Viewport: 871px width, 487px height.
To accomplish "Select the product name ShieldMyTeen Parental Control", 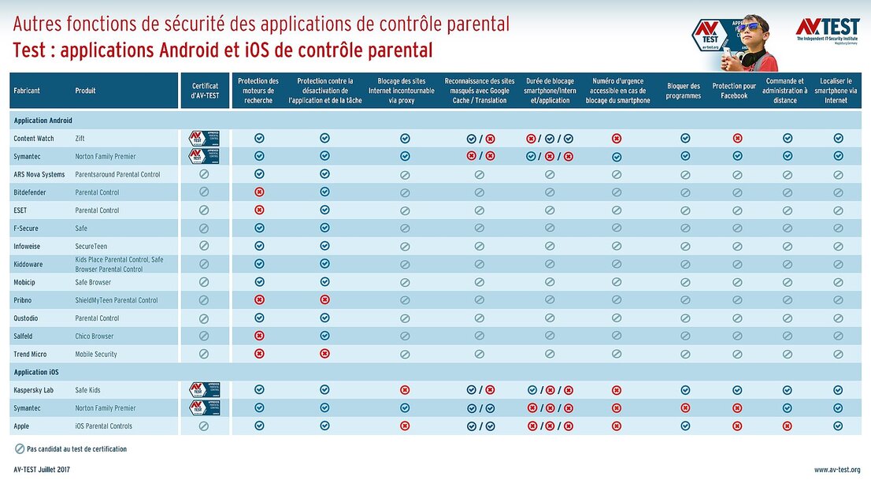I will click(x=117, y=300).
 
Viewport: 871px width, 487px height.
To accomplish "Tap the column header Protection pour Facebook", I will click(x=734, y=91).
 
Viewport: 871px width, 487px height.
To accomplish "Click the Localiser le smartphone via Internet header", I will click(x=837, y=91).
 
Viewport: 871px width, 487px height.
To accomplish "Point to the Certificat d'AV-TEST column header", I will click(x=205, y=91).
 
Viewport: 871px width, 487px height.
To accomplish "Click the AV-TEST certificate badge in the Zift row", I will click(x=205, y=138).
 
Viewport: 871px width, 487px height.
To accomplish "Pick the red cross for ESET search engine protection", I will click(x=259, y=210).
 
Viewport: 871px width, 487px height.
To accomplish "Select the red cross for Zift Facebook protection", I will click(x=737, y=138).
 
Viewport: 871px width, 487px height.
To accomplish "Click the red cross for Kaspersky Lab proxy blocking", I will click(x=405, y=390).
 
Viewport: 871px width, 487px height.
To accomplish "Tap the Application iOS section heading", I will click(x=36, y=372).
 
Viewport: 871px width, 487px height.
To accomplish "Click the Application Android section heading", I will click(x=43, y=121).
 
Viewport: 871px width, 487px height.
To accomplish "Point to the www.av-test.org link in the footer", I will click(x=836, y=470).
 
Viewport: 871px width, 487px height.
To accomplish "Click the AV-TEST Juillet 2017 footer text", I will click(x=43, y=470).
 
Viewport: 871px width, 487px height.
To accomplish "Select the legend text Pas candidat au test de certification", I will click(x=76, y=449).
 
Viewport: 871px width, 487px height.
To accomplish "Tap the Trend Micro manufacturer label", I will click(x=30, y=355).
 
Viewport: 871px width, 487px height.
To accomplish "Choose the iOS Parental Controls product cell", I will click(x=104, y=426).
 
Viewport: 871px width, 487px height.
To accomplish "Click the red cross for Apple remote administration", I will click(x=788, y=426).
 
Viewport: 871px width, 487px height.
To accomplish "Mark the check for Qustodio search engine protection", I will click(x=259, y=318).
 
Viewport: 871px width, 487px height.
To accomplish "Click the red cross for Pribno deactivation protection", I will click(x=324, y=300).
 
